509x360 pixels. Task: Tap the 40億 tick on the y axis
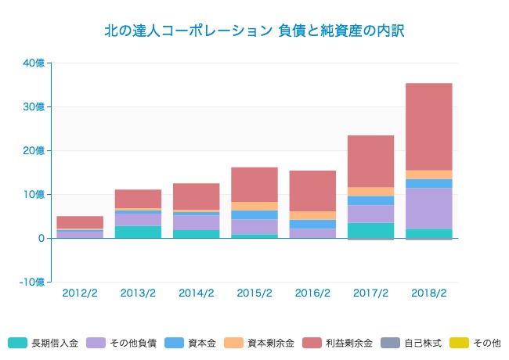point(34,63)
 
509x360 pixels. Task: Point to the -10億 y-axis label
point(31,282)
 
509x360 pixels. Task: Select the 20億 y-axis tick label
point(34,150)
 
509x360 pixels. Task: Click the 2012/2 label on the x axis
point(80,293)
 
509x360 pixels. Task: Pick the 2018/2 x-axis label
point(428,293)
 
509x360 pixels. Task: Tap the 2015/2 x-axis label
point(254,293)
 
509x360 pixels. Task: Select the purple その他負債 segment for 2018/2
point(428,208)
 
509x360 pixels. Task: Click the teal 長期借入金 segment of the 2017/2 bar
point(370,230)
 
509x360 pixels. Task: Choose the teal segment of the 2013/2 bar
point(138,232)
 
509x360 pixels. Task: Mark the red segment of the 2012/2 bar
point(80,222)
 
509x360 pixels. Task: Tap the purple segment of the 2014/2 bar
point(196,222)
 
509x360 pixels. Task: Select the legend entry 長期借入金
point(43,343)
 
